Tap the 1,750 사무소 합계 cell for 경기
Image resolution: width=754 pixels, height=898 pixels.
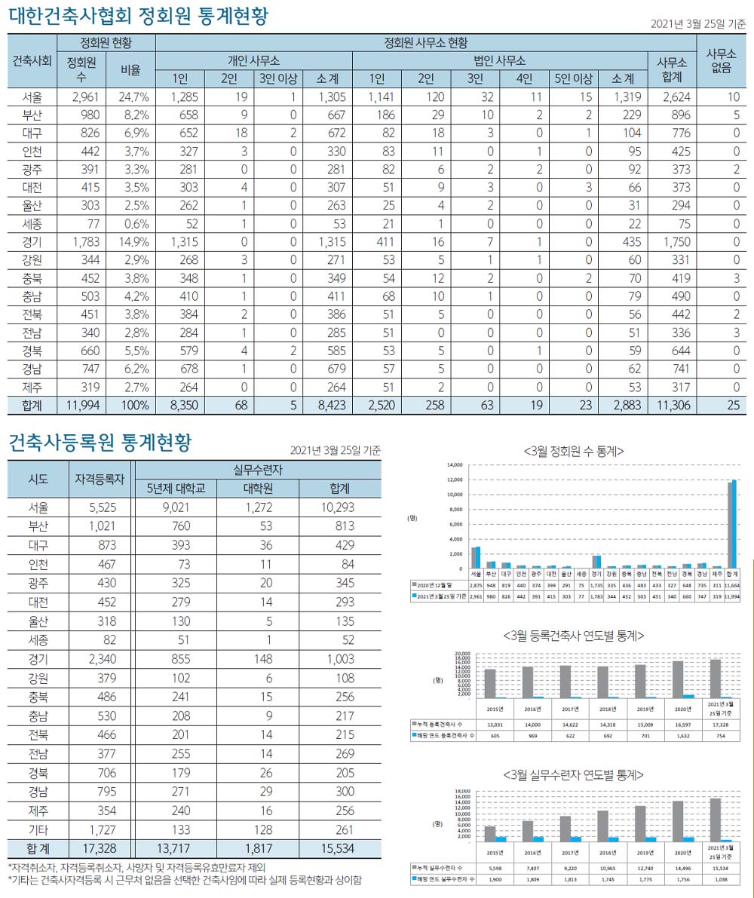tap(673, 242)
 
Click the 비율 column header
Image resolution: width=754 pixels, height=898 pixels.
tap(130, 70)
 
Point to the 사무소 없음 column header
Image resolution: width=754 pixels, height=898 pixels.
tap(722, 61)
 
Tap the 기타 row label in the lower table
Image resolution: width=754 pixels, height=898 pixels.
tap(38, 830)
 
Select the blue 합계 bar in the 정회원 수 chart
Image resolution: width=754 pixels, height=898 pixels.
tap(734, 524)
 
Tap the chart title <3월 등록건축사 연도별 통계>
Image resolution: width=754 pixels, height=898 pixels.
tap(573, 636)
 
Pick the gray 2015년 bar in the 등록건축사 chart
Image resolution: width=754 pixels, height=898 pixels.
tap(490, 683)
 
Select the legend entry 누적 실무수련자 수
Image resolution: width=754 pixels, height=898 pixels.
tap(443, 867)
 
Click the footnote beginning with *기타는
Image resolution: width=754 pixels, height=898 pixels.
tap(185, 880)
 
